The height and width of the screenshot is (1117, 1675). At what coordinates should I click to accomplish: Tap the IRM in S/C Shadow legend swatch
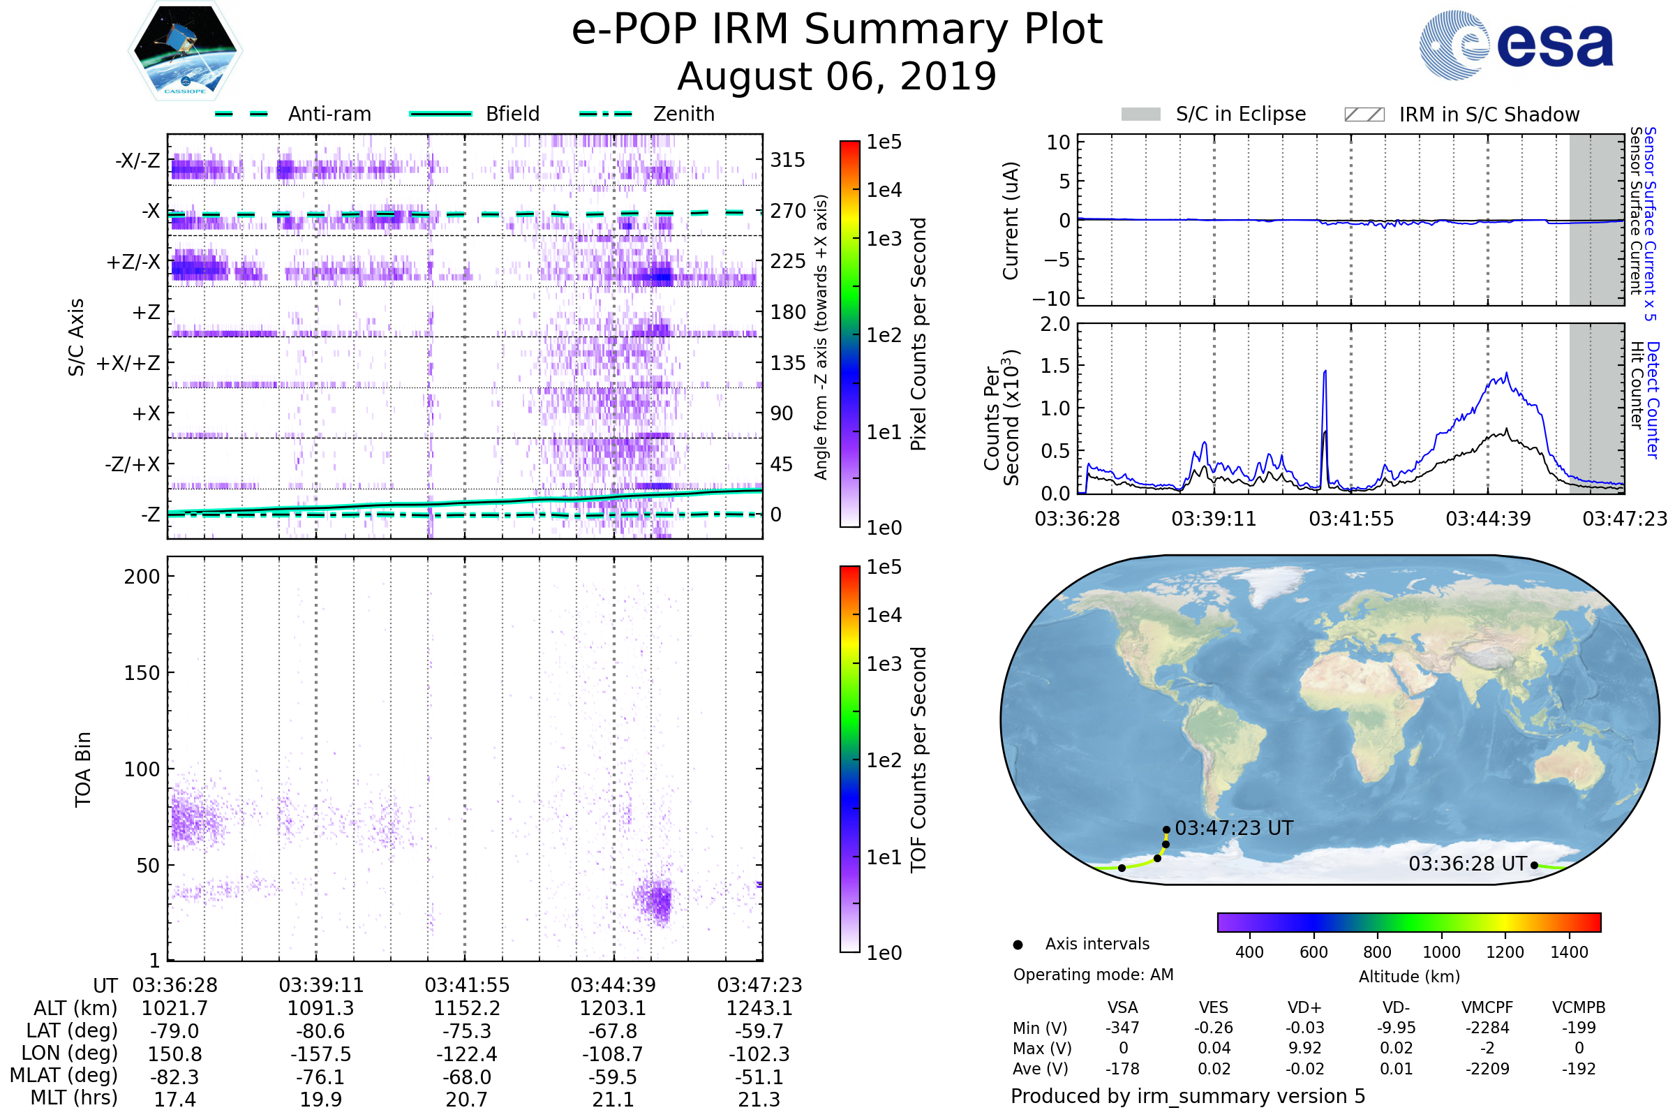point(1364,114)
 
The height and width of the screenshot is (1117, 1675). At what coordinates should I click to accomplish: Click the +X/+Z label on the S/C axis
point(128,363)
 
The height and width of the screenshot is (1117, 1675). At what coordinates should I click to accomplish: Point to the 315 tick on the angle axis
point(787,160)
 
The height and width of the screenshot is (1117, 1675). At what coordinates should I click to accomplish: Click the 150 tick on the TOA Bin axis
point(142,673)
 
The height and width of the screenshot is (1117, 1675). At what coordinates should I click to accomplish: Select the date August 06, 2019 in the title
point(837,76)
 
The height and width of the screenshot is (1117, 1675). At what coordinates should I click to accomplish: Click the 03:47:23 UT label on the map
point(1233,828)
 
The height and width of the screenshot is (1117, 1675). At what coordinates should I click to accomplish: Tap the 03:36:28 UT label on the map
point(1467,864)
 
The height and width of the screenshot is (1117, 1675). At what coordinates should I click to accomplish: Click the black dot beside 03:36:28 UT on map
point(1534,866)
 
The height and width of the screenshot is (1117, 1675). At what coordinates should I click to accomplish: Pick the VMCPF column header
point(1487,1007)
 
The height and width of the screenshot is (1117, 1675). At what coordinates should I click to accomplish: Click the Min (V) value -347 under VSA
point(1122,1028)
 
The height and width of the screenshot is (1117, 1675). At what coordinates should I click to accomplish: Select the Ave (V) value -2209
point(1487,1069)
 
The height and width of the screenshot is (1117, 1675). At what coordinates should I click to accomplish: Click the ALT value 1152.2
point(466,1008)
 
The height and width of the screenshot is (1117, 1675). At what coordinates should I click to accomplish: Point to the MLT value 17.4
point(174,1099)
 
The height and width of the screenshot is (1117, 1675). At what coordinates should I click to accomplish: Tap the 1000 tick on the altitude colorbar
point(1440,952)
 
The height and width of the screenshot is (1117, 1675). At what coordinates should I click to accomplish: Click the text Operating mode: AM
point(1093,975)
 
